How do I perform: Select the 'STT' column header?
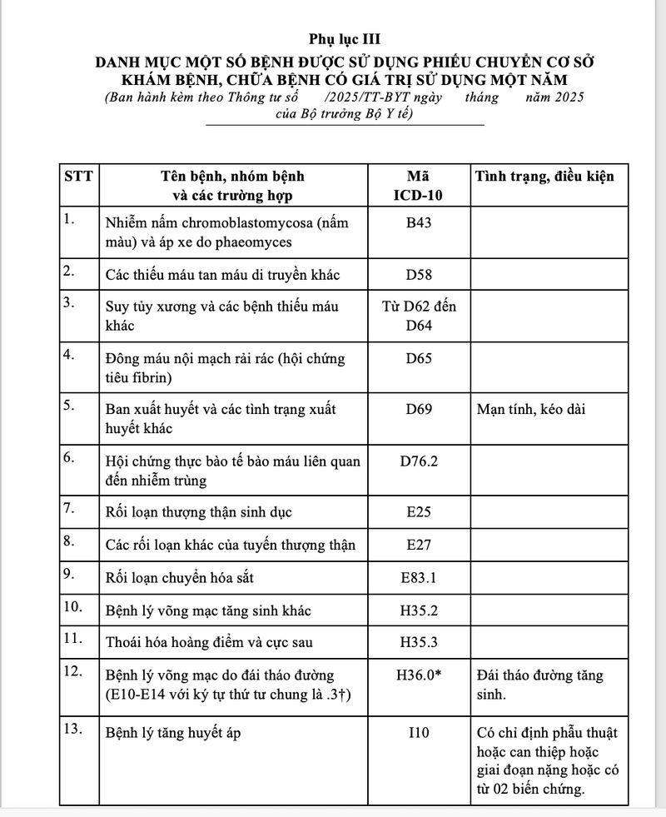pyautogui.click(x=78, y=177)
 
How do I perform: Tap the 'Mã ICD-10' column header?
pyautogui.click(x=418, y=186)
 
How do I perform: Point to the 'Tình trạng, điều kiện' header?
pyautogui.click(x=544, y=177)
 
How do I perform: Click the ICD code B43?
pyautogui.click(x=418, y=223)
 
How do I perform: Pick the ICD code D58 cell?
pyautogui.click(x=418, y=274)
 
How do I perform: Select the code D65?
pyautogui.click(x=418, y=359)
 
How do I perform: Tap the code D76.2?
pyautogui.click(x=418, y=461)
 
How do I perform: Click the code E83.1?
pyautogui.click(x=418, y=577)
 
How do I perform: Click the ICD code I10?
pyautogui.click(x=418, y=734)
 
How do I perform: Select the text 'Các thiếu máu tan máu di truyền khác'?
pyautogui.click(x=222, y=274)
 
